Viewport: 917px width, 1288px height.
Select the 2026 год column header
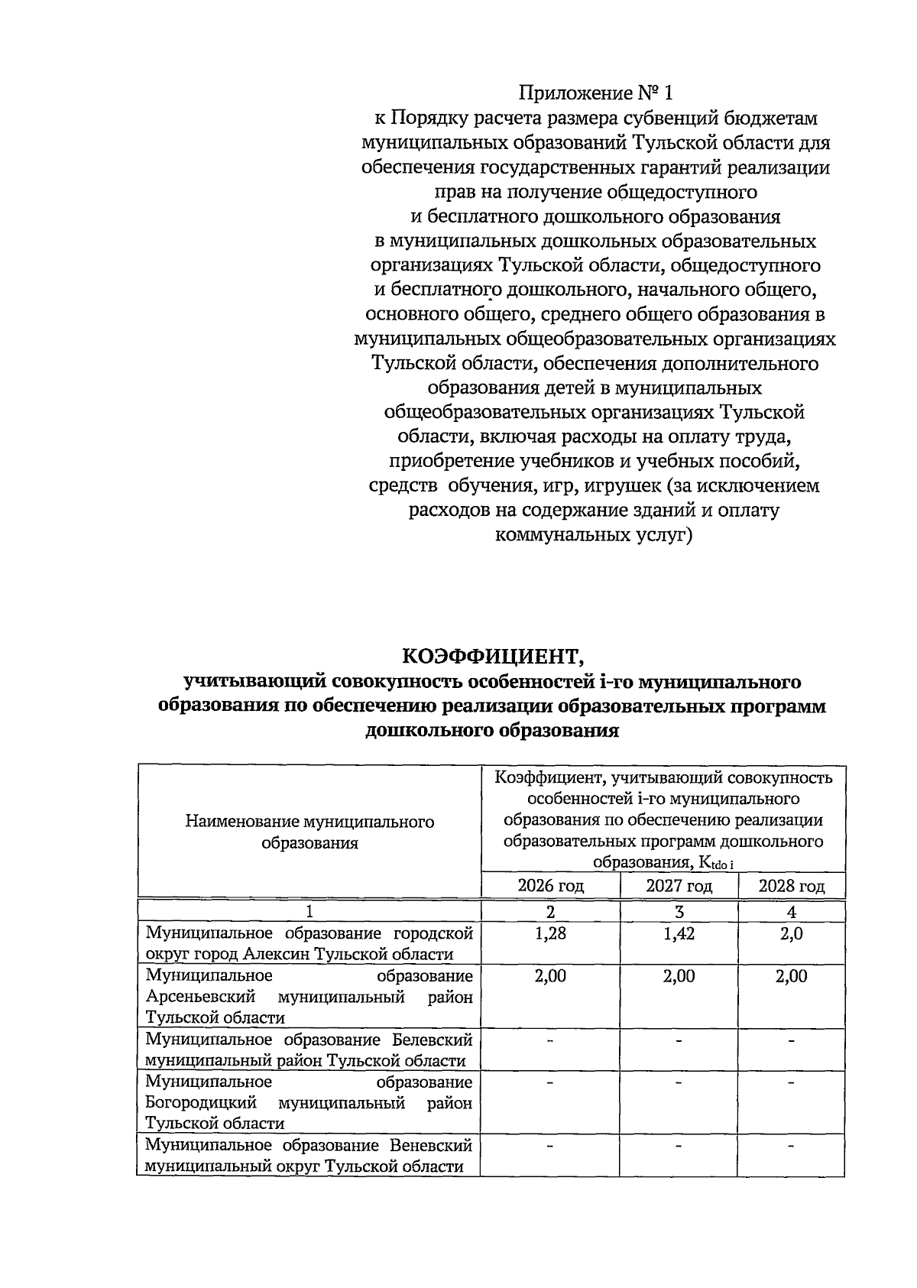(x=550, y=886)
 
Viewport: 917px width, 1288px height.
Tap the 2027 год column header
(x=679, y=886)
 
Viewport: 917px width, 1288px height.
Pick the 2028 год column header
(x=791, y=886)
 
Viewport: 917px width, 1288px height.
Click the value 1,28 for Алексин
(x=550, y=933)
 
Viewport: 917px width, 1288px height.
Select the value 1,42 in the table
(x=679, y=933)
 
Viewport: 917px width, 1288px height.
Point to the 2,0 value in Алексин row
(x=791, y=933)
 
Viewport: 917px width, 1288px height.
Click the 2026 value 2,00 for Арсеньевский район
(x=550, y=976)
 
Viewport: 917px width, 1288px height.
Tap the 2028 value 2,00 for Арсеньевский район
(x=791, y=976)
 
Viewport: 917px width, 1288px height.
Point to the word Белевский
(x=433, y=1040)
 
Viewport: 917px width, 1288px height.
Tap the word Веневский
(x=431, y=1145)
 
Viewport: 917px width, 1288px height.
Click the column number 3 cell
(x=679, y=912)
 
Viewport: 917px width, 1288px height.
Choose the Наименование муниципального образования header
(x=309, y=832)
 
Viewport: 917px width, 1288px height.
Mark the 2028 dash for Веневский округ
(x=791, y=1147)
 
